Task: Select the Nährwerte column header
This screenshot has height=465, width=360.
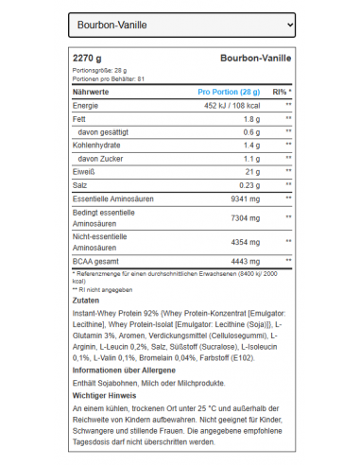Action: [x=92, y=92]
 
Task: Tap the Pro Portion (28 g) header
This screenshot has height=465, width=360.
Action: [x=229, y=92]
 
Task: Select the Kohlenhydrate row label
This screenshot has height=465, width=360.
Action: [x=101, y=146]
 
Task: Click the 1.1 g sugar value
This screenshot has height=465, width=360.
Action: [x=250, y=160]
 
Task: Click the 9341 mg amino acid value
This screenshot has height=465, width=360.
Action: [x=245, y=200]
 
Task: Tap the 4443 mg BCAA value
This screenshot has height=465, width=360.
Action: [x=245, y=259]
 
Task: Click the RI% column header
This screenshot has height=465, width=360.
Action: [x=282, y=92]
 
